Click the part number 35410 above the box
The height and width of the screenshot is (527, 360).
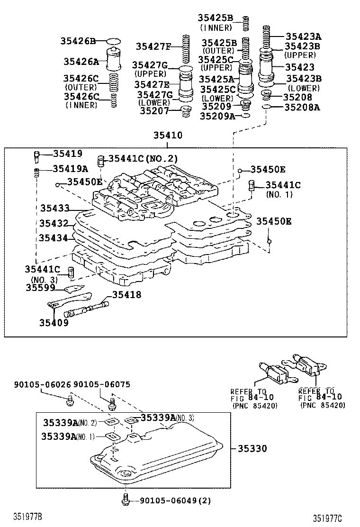pyautogui.click(x=167, y=136)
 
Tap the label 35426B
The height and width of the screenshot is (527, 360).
pyautogui.click(x=78, y=41)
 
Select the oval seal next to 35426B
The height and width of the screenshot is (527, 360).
pyautogui.click(x=113, y=41)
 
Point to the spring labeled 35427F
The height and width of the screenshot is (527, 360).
pyautogui.click(x=185, y=46)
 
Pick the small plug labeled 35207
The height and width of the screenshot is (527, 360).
pyautogui.click(x=187, y=112)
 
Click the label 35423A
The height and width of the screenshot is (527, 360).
pyautogui.click(x=303, y=36)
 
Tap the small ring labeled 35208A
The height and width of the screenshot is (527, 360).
pyautogui.click(x=267, y=107)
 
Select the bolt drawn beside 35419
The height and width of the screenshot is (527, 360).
pyautogui.click(x=37, y=155)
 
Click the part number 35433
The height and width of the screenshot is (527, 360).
pyautogui.click(x=54, y=208)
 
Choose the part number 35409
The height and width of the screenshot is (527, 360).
pyautogui.click(x=54, y=323)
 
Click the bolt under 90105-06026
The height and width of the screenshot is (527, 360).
pyautogui.click(x=70, y=401)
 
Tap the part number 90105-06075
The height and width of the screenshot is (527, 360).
pyautogui.click(x=102, y=384)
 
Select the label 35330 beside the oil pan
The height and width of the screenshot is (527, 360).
pyautogui.click(x=252, y=448)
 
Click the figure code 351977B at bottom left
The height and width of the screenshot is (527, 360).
pyautogui.click(x=28, y=516)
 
